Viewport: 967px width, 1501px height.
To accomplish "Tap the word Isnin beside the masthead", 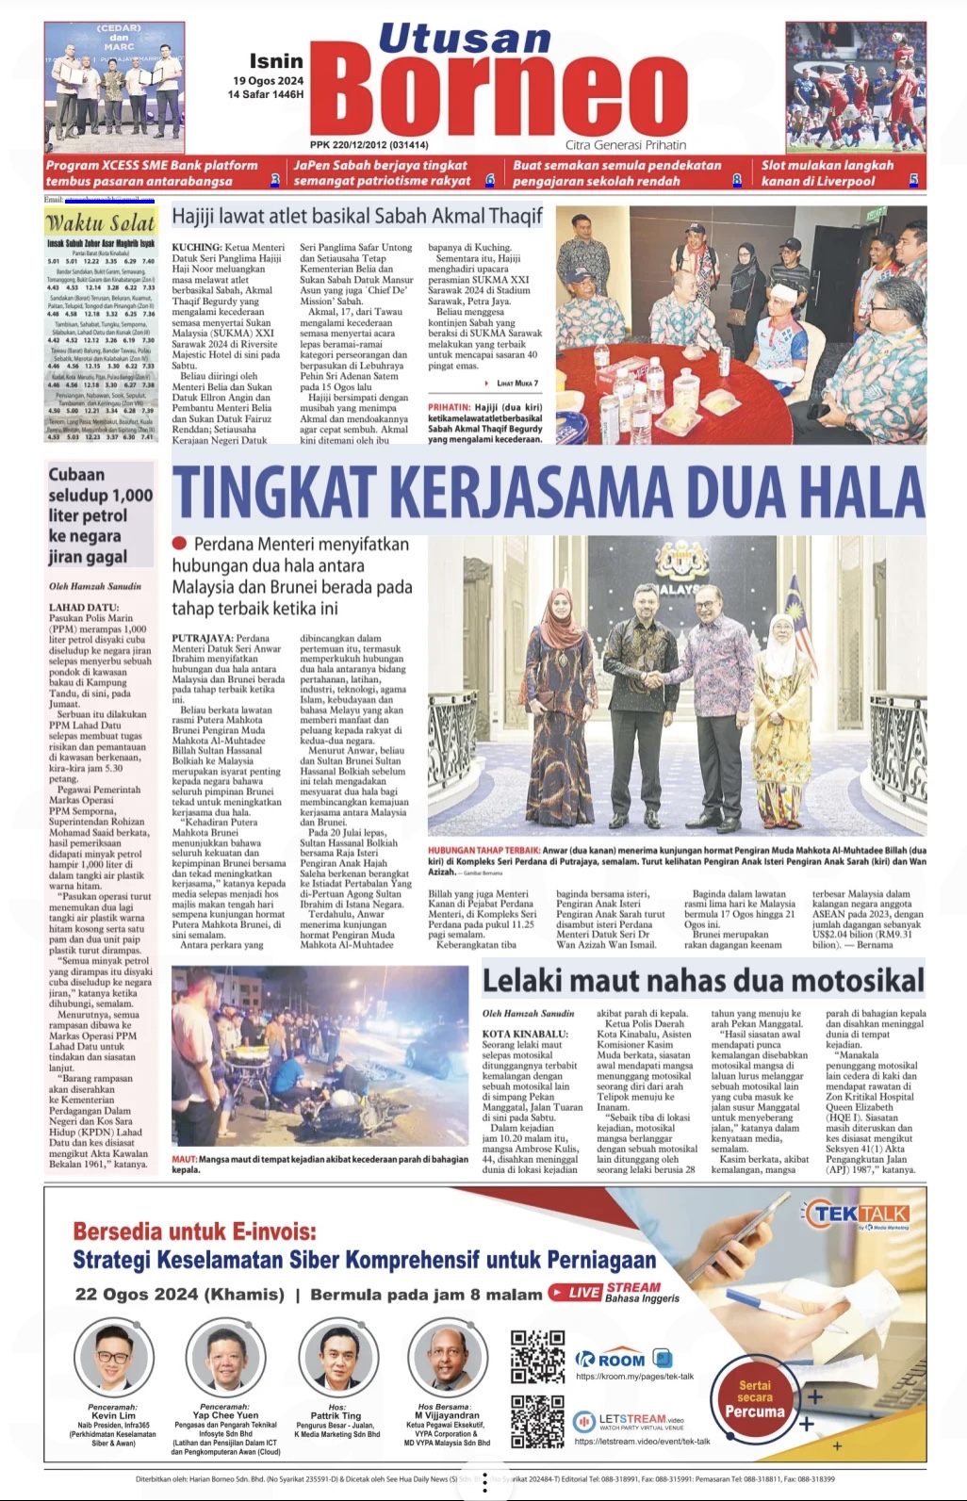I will pos(276,61).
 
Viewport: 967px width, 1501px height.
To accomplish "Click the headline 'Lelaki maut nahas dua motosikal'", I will pos(703,981).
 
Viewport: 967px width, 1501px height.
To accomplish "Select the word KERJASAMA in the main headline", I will pos(533,493).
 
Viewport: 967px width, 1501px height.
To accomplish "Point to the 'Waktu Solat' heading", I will pos(101,223).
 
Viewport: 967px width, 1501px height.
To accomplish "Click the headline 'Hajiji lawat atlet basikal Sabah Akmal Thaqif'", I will pos(357,217).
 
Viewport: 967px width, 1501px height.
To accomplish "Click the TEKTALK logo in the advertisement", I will pos(859,1214).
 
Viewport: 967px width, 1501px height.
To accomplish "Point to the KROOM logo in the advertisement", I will pos(612,1360).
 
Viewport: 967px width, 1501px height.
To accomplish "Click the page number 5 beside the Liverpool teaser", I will pos(913,180).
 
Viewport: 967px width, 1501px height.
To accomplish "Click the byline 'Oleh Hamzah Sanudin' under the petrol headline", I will pos(95,586).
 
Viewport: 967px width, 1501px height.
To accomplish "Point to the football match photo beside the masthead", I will pos(856,87).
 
